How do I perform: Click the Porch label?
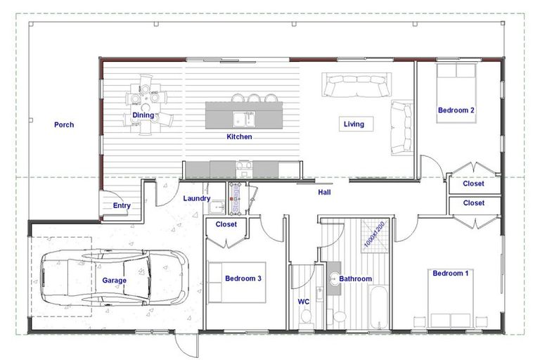(x=64, y=125)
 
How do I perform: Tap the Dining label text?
(x=143, y=115)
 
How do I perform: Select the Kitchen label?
(x=239, y=136)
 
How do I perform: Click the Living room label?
(x=354, y=124)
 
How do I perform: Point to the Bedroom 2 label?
(x=456, y=110)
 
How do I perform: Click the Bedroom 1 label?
(x=451, y=273)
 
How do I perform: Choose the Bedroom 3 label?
(x=243, y=278)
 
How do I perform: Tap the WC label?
(x=304, y=302)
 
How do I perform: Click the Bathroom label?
(x=356, y=279)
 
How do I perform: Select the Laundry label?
(x=196, y=199)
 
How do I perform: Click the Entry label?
(x=122, y=206)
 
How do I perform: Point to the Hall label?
(x=324, y=192)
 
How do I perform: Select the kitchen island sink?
(x=243, y=117)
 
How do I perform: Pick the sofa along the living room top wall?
(x=354, y=86)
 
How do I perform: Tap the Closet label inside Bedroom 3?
(x=226, y=225)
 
